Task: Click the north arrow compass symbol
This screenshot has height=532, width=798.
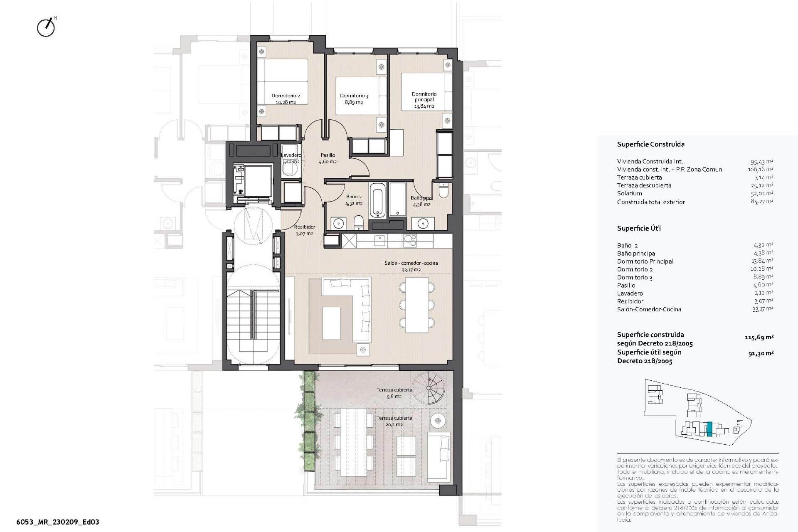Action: (x=46, y=28)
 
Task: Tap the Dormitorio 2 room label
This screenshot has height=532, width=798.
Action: (x=286, y=99)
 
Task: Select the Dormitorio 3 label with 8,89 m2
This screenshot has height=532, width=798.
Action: (x=354, y=99)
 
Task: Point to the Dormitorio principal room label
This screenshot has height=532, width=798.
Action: (x=424, y=100)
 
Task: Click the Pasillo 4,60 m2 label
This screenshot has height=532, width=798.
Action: (x=328, y=158)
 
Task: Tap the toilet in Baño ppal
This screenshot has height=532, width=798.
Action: (x=444, y=192)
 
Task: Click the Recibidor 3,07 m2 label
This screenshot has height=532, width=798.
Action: (x=304, y=230)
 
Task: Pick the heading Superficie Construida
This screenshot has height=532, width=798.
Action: (x=650, y=145)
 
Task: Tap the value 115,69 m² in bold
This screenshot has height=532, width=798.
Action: (x=759, y=337)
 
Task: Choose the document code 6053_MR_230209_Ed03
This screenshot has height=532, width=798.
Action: (x=57, y=522)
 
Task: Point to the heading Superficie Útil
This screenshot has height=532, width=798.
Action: (x=639, y=228)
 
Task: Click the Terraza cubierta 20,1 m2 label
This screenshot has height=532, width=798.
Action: (x=394, y=421)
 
